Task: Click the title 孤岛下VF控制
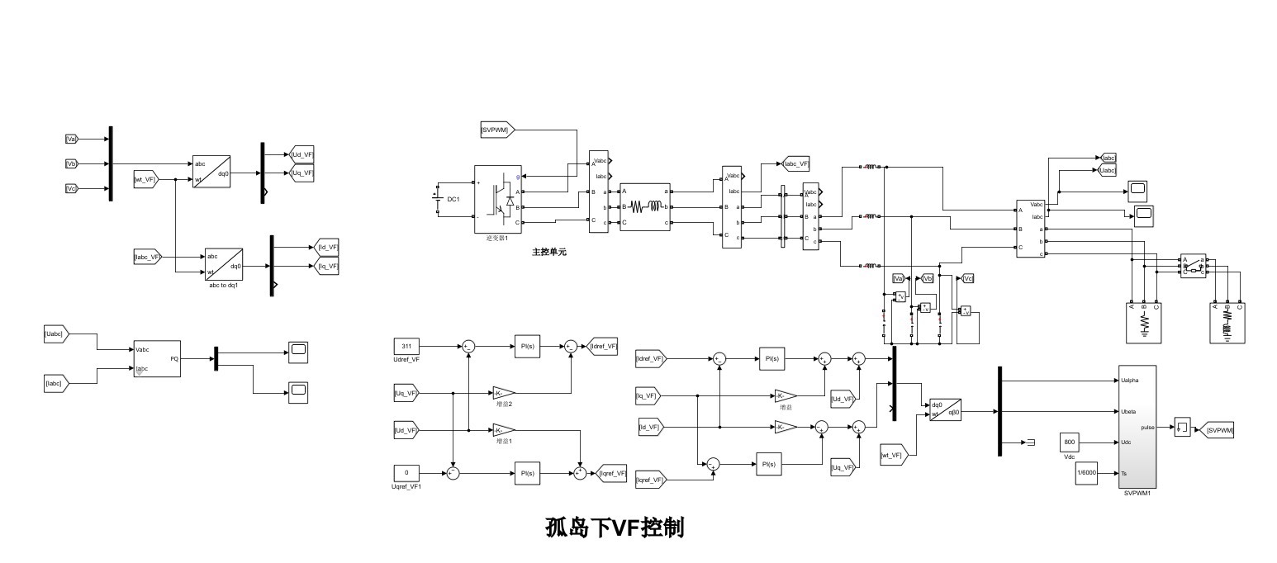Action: [615, 528]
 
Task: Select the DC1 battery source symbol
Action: [438, 199]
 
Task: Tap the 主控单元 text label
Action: [548, 252]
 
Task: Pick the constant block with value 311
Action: [406, 347]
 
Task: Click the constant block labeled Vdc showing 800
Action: [1070, 442]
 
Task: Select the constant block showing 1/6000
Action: [1086, 473]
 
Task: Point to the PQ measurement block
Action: [156, 358]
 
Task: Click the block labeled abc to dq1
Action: [223, 264]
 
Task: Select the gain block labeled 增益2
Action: [504, 393]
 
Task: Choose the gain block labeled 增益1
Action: [504, 430]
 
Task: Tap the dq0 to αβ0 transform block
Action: [945, 409]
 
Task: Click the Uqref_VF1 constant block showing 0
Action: [406, 473]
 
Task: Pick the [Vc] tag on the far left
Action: [72, 188]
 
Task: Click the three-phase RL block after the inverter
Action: [644, 206]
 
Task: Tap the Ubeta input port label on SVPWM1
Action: [1128, 411]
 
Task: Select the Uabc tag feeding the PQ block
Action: [56, 334]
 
